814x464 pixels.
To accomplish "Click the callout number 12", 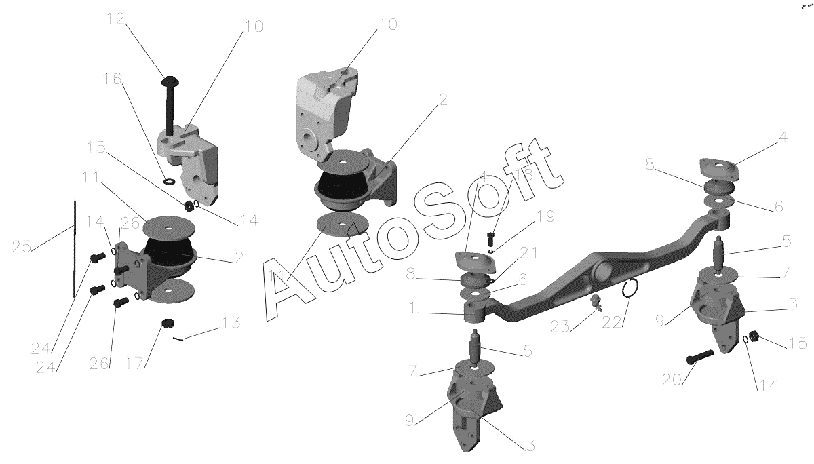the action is [x=116, y=18].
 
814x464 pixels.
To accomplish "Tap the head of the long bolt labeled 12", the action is [x=170, y=80].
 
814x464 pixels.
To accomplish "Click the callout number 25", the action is [x=22, y=247].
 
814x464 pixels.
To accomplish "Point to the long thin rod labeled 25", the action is [x=75, y=249].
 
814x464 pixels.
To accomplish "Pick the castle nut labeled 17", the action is [x=166, y=323].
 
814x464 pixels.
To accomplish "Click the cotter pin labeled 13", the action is [x=178, y=339].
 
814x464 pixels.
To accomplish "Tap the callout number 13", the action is [x=231, y=322].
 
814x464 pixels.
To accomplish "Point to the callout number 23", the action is [x=560, y=326].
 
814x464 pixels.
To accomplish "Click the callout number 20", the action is [x=672, y=380].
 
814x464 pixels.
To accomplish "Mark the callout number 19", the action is [x=545, y=216].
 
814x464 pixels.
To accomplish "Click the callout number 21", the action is [x=528, y=252].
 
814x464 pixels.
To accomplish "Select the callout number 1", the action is [x=412, y=308].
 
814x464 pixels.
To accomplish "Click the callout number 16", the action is [x=113, y=79].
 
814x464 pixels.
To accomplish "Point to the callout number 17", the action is [x=134, y=363].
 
